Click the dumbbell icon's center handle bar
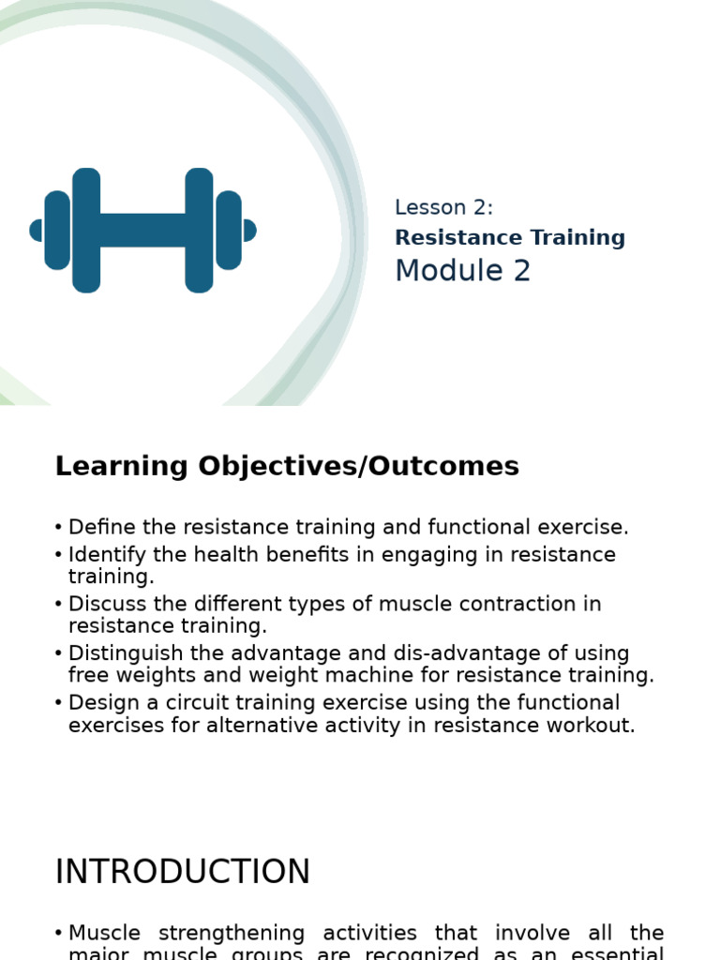point(142,230)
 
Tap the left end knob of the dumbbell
point(37,231)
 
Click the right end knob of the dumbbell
point(249,231)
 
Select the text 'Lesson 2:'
point(443,208)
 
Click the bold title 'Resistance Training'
point(510,238)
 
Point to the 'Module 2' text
point(462,271)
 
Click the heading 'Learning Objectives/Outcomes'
point(287,466)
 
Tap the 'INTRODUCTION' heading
point(183,872)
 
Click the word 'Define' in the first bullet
point(97,528)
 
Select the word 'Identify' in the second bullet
point(104,555)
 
